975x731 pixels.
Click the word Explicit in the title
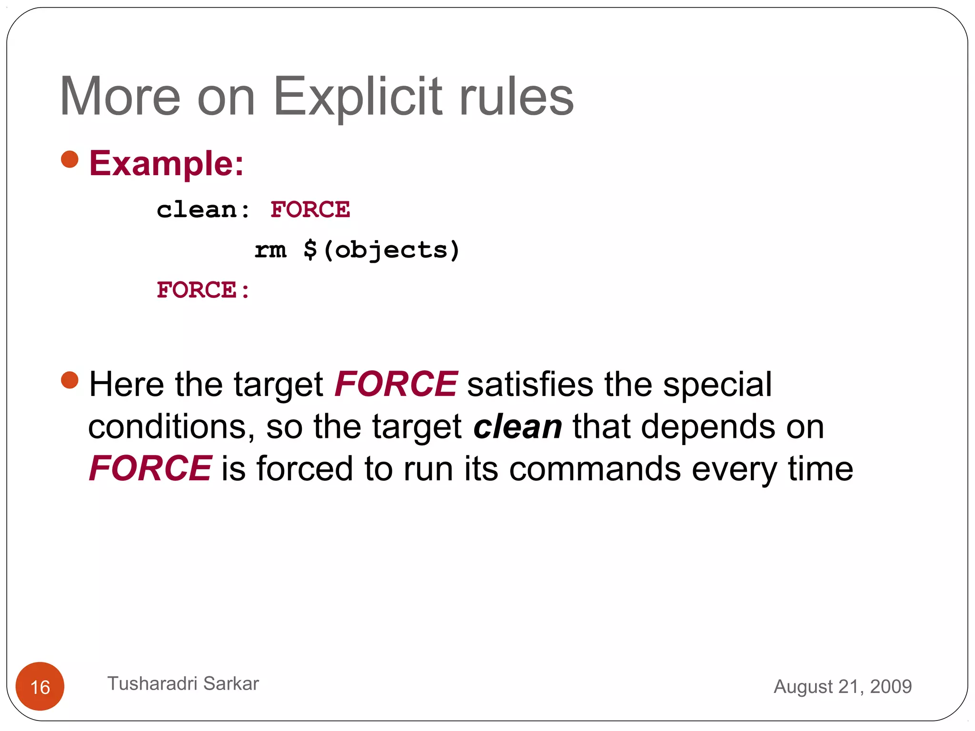click(358, 98)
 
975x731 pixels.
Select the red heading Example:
click(167, 163)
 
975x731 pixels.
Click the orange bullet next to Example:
click(70, 159)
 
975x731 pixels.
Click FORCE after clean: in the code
click(310, 210)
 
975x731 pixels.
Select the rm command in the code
click(270, 250)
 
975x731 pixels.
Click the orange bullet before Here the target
click(70, 380)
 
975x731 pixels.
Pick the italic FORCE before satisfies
click(396, 384)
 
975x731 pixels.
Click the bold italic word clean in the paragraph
click(517, 426)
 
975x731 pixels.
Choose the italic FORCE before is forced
click(150, 468)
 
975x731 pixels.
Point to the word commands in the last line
click(595, 469)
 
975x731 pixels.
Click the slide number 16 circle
click(40, 686)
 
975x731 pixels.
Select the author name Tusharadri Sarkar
click(183, 683)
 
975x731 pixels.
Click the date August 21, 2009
click(842, 686)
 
